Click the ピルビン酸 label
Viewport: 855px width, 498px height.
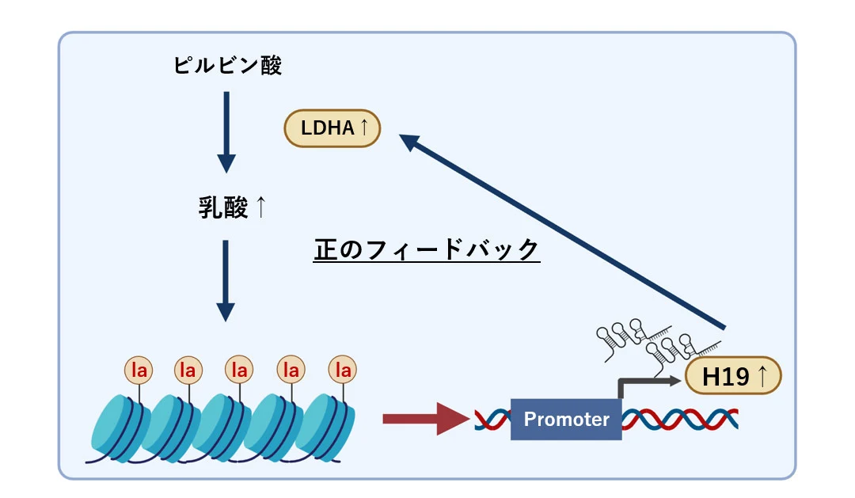[227, 66]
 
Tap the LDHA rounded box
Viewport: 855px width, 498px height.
[332, 128]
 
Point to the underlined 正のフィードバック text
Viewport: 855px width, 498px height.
[427, 249]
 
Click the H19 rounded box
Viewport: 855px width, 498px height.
[732, 375]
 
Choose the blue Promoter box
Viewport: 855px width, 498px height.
[566, 419]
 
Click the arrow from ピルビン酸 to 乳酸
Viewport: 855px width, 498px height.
[226, 131]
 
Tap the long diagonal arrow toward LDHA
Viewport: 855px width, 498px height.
[562, 230]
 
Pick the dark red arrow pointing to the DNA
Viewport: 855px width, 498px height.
[416, 419]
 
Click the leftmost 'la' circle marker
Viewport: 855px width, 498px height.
[139, 370]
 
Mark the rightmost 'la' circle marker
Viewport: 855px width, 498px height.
[343, 370]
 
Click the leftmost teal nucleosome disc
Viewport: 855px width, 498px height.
[119, 428]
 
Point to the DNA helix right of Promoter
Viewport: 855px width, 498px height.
[681, 420]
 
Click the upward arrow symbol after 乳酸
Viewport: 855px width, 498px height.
[260, 207]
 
